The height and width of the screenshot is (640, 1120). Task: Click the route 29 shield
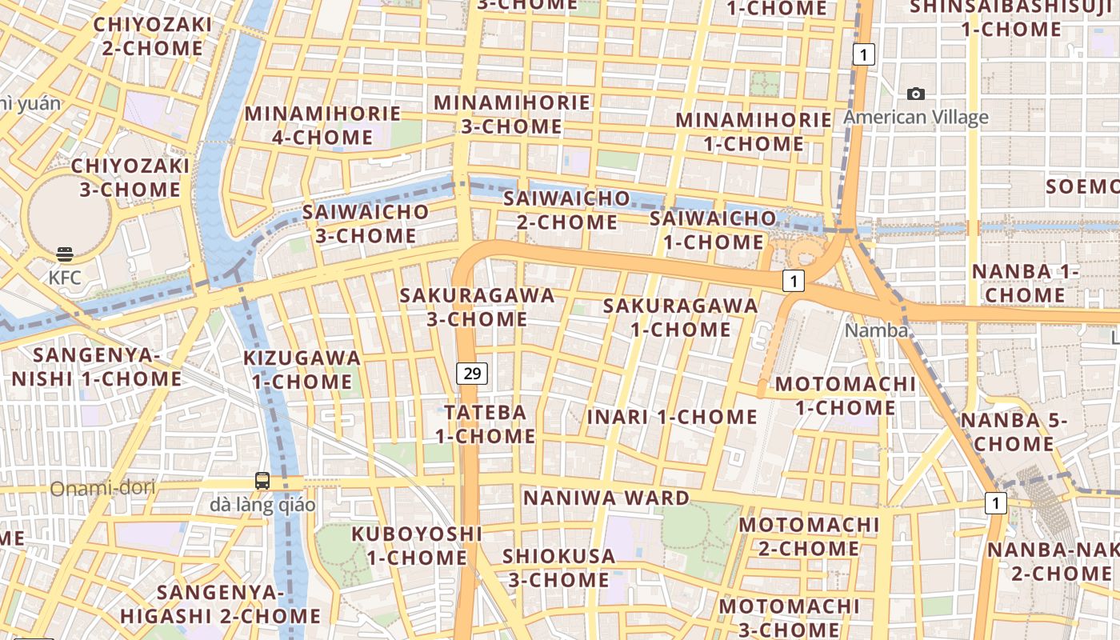473,373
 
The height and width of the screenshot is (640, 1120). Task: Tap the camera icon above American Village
916,94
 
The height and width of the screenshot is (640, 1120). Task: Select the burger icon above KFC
65,254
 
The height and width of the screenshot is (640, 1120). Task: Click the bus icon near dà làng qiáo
262,481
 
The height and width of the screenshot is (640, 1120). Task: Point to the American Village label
916,118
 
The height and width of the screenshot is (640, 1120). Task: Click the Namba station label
877,330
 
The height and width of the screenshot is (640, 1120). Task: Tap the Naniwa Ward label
606,498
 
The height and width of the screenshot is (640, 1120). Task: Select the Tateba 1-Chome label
486,424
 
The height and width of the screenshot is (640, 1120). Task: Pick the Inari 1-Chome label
672,417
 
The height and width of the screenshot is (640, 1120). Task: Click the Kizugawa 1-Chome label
302,370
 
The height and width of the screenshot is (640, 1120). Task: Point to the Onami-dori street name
102,488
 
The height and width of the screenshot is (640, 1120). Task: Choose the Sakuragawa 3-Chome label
478,307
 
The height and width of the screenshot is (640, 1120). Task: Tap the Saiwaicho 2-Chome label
566,210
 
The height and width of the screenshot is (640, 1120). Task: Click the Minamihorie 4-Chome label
322,126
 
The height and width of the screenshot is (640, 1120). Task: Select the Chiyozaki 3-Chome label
130,178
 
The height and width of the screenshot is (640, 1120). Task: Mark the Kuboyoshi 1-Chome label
417,546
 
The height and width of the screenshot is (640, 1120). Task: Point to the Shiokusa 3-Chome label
559,567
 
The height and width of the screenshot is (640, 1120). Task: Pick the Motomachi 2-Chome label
808,537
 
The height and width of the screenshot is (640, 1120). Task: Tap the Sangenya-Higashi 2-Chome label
221,604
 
